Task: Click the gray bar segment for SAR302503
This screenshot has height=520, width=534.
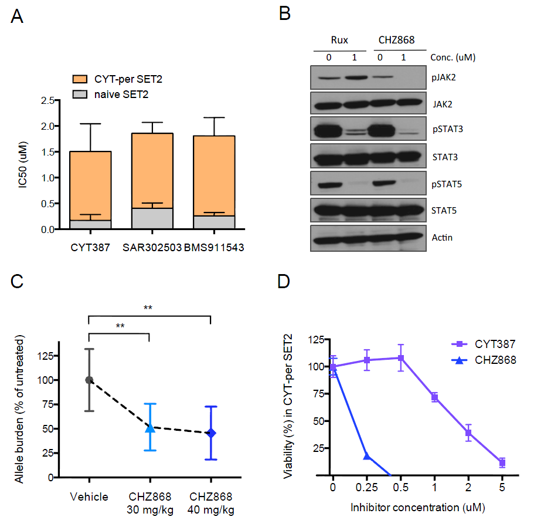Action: pyautogui.click(x=156, y=218)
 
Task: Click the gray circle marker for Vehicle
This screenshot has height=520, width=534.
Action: pyautogui.click(x=89, y=380)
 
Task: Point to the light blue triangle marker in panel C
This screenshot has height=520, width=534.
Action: pyautogui.click(x=150, y=428)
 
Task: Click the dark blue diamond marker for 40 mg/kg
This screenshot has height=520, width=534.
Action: pyautogui.click(x=210, y=433)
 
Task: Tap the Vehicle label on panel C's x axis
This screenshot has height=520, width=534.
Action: pyautogui.click(x=89, y=497)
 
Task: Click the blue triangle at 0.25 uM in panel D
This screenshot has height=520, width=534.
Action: pyautogui.click(x=367, y=455)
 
